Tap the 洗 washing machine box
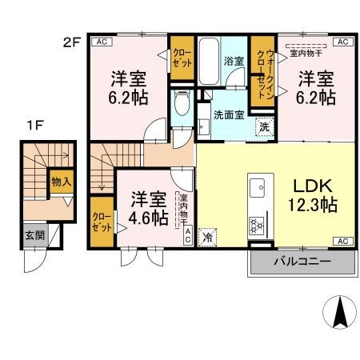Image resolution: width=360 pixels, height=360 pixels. click(263, 126)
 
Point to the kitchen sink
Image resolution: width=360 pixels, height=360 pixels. click(259, 189)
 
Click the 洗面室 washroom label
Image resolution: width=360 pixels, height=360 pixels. click(230, 114)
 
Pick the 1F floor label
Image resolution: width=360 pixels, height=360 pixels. click(34, 124)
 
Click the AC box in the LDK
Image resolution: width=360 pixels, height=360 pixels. click(341, 241)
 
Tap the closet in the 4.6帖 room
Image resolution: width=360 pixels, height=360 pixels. click(102, 220)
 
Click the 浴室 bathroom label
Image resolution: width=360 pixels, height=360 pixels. click(234, 61)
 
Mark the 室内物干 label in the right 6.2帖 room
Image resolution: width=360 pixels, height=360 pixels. click(304, 53)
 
